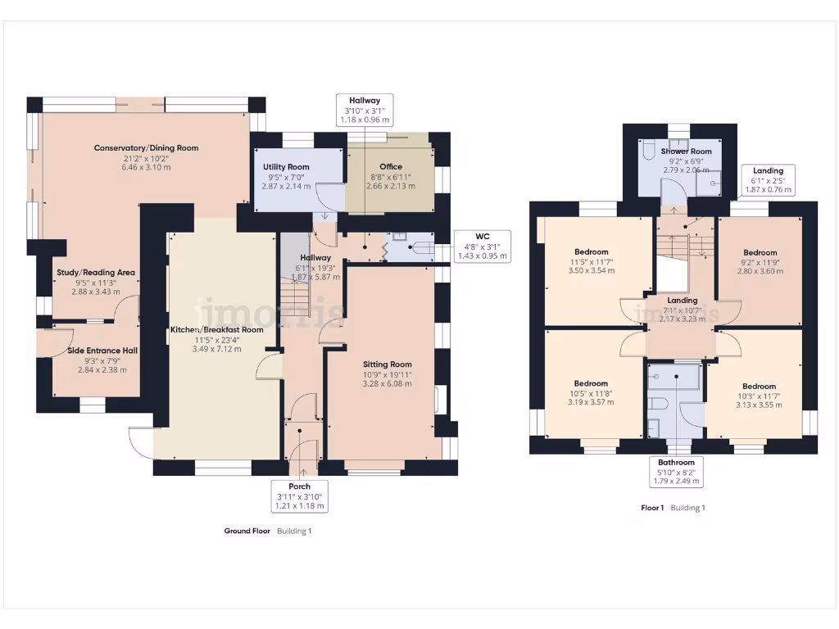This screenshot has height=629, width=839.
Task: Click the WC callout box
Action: [x=483, y=247]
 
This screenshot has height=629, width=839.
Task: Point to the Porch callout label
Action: [x=299, y=496]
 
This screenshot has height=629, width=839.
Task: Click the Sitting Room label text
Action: [x=388, y=374]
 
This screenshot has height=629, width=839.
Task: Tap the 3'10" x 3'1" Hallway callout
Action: [x=365, y=110]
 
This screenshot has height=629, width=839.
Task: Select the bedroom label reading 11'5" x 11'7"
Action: [x=591, y=261]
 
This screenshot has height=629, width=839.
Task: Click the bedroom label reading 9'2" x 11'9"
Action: [x=760, y=262]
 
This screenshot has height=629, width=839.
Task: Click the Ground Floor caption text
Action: [x=247, y=531]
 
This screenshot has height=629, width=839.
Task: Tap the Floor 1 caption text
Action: [x=652, y=508]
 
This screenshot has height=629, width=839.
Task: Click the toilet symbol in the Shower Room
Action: [x=647, y=152]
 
